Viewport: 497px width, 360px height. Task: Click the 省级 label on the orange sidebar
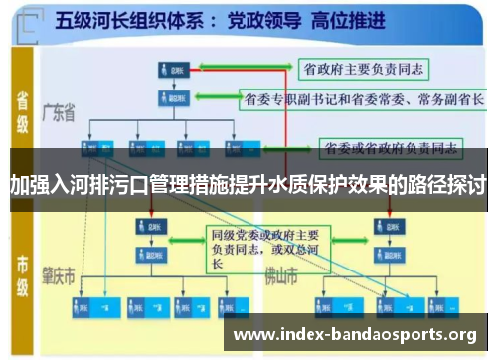[21, 111]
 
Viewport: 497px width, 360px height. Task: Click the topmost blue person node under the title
[171, 70]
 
